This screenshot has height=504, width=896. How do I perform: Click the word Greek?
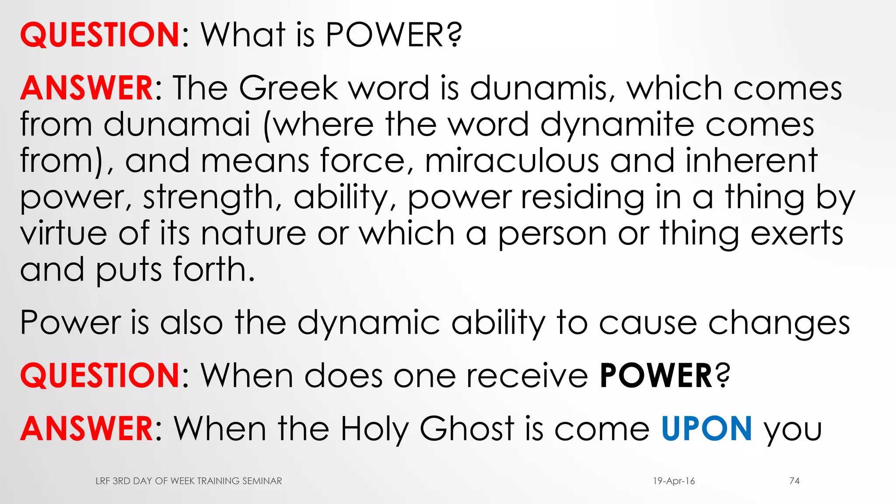[x=288, y=88]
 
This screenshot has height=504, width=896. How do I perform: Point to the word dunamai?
[x=177, y=125]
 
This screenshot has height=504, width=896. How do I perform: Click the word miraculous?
[x=511, y=161]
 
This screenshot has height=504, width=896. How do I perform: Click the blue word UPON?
[x=707, y=429]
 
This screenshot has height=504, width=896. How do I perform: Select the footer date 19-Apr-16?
[x=674, y=481]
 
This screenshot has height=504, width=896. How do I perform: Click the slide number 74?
[x=794, y=481]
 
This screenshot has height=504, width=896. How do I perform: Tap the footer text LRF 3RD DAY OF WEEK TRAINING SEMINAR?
[x=189, y=481]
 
